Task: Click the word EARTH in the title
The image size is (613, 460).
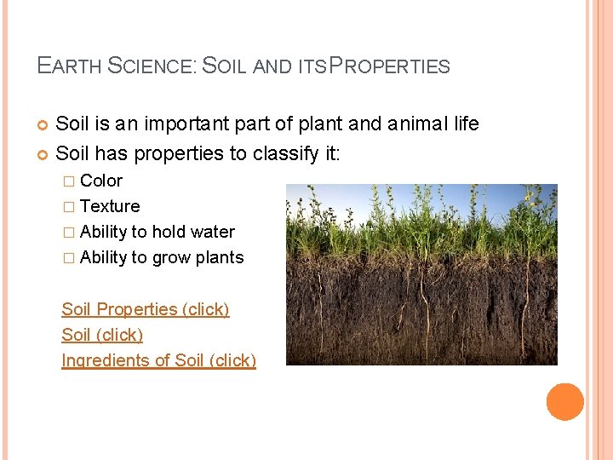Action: point(70,66)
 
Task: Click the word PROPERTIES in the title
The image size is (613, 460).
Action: point(389,66)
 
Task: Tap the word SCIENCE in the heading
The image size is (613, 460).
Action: point(152,66)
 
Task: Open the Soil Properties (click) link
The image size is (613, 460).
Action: point(145,309)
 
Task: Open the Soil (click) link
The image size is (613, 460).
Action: point(102,335)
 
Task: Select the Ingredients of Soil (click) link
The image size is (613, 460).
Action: point(158,360)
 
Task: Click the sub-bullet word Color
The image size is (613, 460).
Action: point(101,181)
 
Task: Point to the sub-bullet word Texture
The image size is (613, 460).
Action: point(110,206)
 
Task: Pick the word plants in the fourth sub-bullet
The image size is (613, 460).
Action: point(220,257)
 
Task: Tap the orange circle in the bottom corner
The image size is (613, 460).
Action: point(565,402)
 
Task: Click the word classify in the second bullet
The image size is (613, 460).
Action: point(279,154)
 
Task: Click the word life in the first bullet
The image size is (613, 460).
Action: point(466,124)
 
